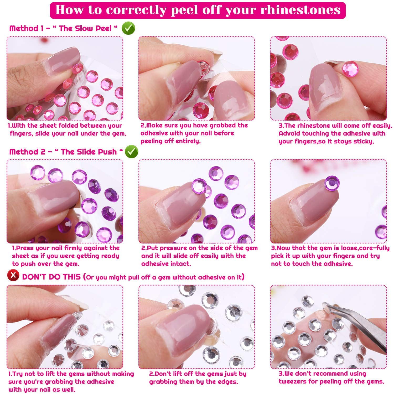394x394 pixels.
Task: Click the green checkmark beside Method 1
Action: click(128, 28)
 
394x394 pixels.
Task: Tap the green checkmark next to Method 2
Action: click(131, 152)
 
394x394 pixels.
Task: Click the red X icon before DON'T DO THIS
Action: click(13, 276)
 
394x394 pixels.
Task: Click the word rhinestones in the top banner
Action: click(300, 10)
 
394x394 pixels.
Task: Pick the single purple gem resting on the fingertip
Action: click(332, 183)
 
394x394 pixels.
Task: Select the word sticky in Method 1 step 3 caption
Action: click(361, 142)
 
